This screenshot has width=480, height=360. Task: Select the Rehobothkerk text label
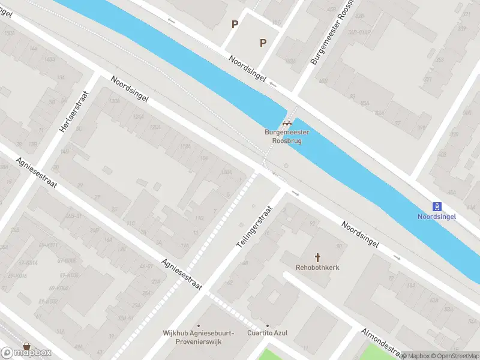[317, 268]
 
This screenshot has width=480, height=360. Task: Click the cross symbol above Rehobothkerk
[317, 257]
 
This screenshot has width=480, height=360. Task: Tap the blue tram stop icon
[437, 206]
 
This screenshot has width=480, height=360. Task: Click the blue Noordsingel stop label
[437, 217]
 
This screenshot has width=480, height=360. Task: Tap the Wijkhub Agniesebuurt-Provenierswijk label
[199, 337]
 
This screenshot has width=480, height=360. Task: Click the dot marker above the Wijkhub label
[199, 324]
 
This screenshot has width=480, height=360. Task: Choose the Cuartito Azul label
[268, 333]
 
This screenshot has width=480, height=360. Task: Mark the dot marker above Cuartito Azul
[268, 325]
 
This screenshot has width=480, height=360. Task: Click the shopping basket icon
[26, 346]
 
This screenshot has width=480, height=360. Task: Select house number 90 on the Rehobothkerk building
[340, 247]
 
